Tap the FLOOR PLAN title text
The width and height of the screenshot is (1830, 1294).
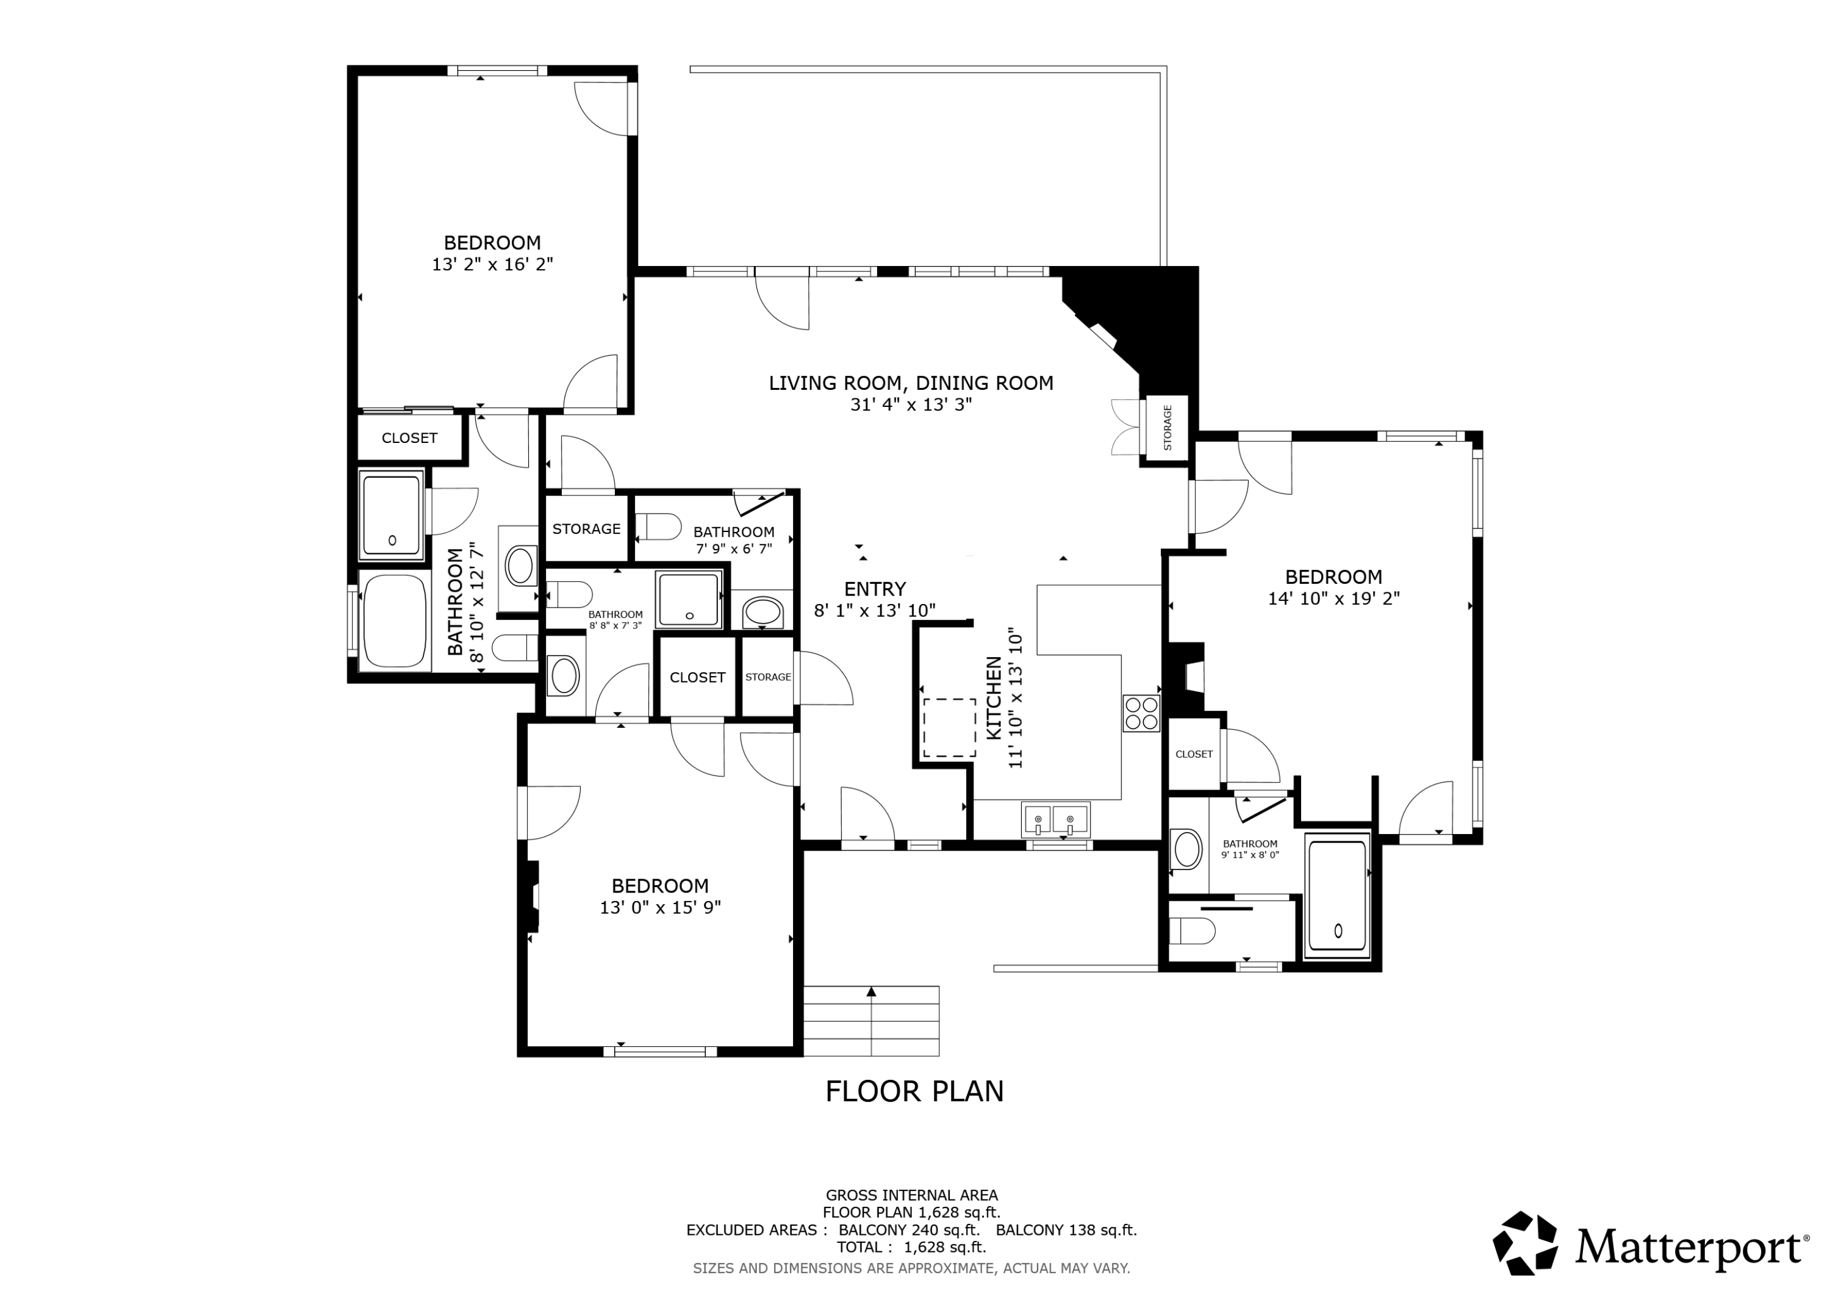click(914, 1091)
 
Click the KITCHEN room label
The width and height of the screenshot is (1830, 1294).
click(994, 699)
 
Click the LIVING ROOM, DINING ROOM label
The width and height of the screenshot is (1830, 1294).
click(911, 384)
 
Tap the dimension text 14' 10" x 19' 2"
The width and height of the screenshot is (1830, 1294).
click(1333, 598)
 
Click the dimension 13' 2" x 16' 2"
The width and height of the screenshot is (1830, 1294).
click(492, 264)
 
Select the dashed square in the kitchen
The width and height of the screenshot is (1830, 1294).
click(949, 728)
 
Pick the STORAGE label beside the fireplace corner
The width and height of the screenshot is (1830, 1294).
click(1168, 428)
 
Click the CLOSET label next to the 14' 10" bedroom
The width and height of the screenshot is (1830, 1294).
click(1194, 754)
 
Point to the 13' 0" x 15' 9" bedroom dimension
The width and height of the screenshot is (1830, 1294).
click(661, 907)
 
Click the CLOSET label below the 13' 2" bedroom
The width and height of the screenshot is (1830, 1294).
click(410, 437)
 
